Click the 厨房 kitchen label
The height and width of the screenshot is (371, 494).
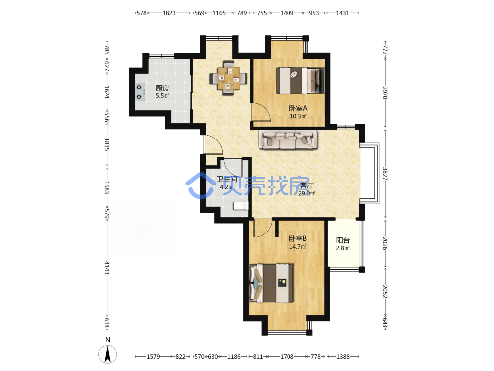pyautogui.click(x=162, y=88)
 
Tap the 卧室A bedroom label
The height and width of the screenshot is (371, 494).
pyautogui.click(x=298, y=108)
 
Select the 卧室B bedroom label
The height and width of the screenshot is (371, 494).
pyautogui.click(x=298, y=239)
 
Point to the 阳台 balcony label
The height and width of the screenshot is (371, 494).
pyautogui.click(x=343, y=240)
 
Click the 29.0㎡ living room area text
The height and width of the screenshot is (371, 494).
pyautogui.click(x=307, y=193)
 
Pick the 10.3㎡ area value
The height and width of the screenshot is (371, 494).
pyautogui.click(x=298, y=116)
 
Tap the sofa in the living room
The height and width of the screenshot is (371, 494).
pyautogui.click(x=288, y=139)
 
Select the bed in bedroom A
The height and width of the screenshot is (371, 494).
pyautogui.click(x=300, y=81)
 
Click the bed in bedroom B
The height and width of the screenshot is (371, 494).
pyautogui.click(x=271, y=283)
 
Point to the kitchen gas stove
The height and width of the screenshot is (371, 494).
pyautogui.click(x=140, y=92)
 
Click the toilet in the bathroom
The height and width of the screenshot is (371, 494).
pyautogui.click(x=241, y=206)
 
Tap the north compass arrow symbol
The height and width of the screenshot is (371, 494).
pyautogui.click(x=107, y=354)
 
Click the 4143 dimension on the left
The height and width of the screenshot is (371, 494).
pyautogui.click(x=107, y=268)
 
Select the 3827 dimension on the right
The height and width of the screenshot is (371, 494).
pyautogui.click(x=385, y=174)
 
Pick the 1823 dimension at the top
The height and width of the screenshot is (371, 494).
pyautogui.click(x=169, y=13)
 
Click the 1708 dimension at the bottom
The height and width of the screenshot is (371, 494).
pyautogui.click(x=287, y=357)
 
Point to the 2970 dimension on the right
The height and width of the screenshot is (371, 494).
pyautogui.click(x=385, y=93)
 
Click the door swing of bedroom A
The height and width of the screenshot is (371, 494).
pyautogui.click(x=261, y=112)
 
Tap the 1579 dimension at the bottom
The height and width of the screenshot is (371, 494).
pyautogui.click(x=153, y=357)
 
